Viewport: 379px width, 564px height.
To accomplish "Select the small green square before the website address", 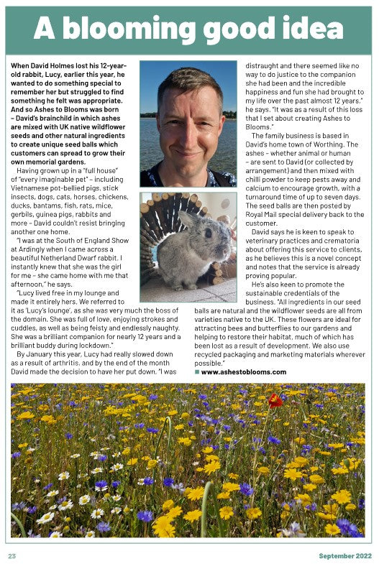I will pyautogui.click(x=197, y=372).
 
